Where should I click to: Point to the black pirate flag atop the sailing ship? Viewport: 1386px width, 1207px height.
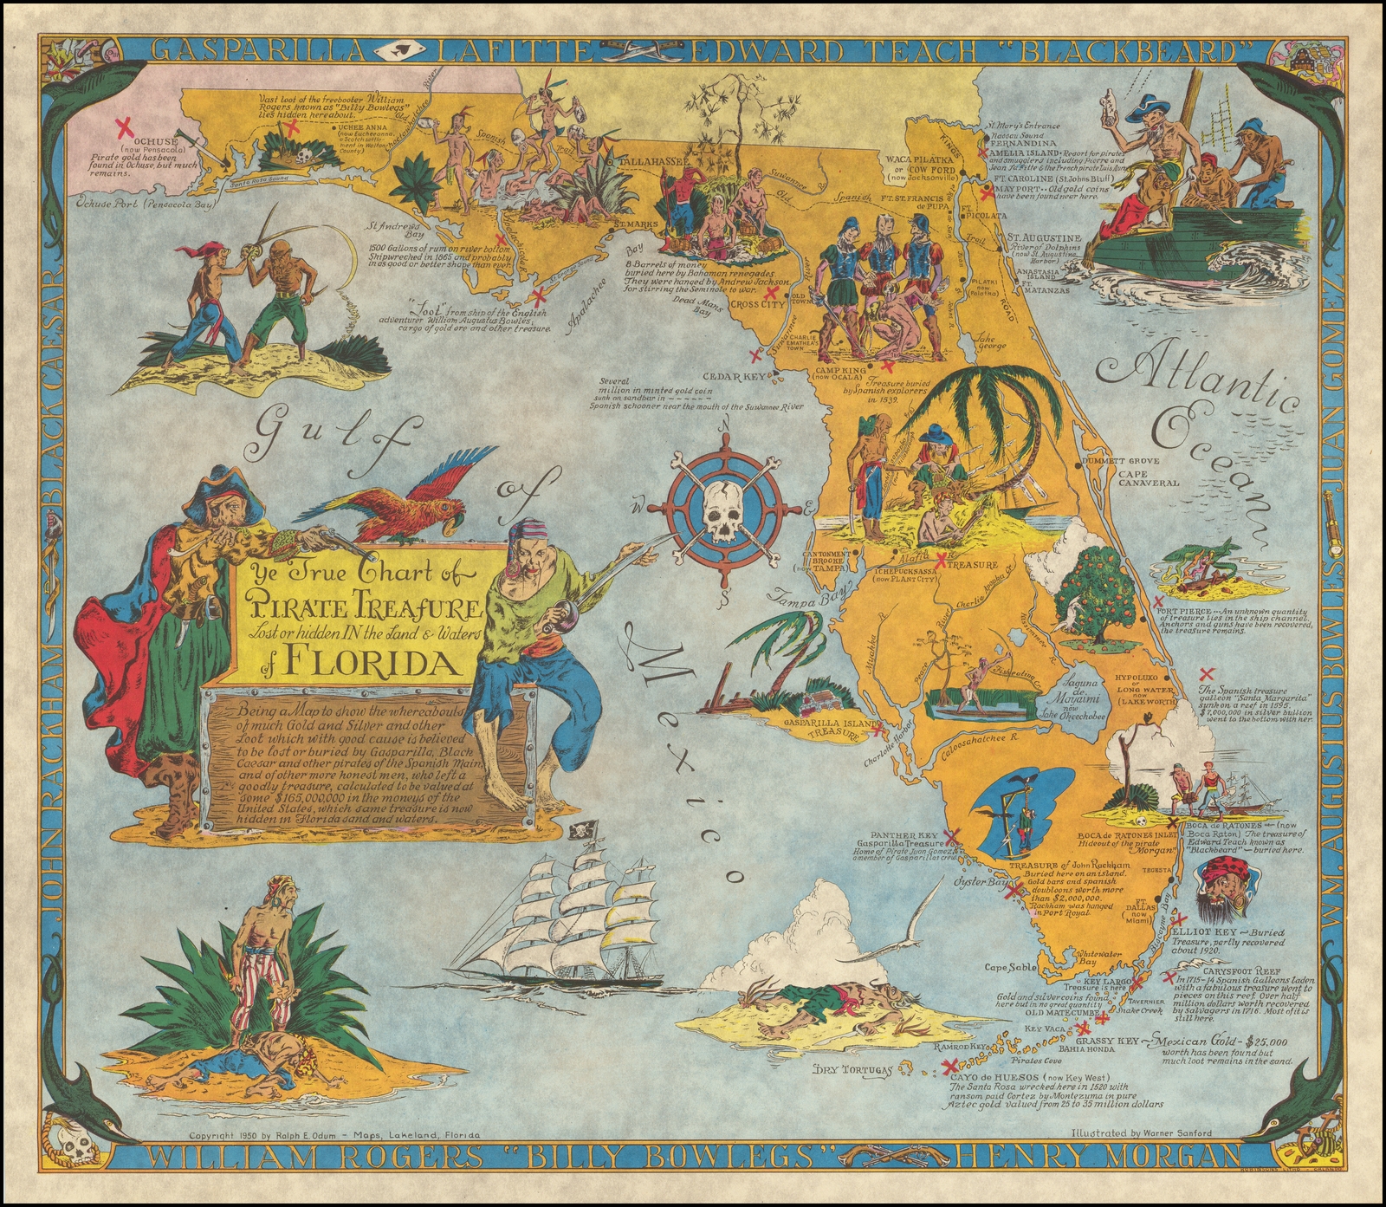577,829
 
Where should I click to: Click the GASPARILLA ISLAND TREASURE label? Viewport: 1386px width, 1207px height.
823,727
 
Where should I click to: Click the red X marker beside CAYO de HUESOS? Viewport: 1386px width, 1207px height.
949,1065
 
